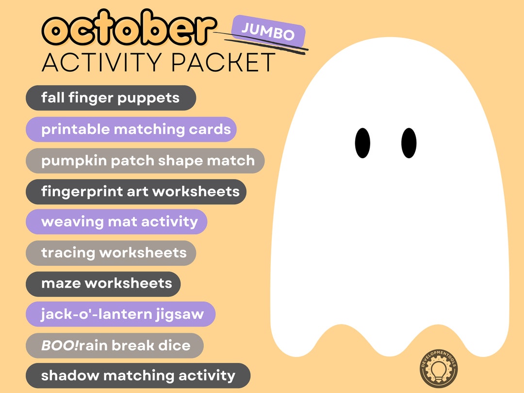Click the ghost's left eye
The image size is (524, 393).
362,143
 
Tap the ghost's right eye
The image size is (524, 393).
409,143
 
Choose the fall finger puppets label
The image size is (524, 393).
111,98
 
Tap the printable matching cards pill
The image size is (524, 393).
131,130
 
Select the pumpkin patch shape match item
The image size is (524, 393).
145,161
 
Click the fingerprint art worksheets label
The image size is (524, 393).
136,192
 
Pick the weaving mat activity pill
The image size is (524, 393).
116,222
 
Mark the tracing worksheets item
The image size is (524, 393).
111,253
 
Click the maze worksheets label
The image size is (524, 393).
103,284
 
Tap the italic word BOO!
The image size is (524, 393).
60,346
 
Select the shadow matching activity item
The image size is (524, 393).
138,376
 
